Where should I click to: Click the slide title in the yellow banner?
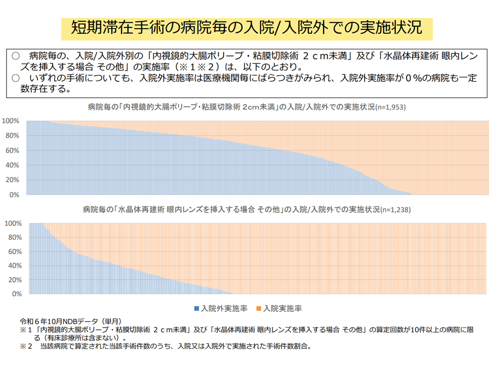click(246, 28)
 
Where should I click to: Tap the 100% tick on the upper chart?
click(11, 121)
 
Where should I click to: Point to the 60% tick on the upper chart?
click(12, 151)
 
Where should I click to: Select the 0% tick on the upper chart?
click(14, 195)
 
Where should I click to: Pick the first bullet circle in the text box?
click(15, 55)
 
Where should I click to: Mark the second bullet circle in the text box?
click(15, 78)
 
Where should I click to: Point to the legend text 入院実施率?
click(283, 309)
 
